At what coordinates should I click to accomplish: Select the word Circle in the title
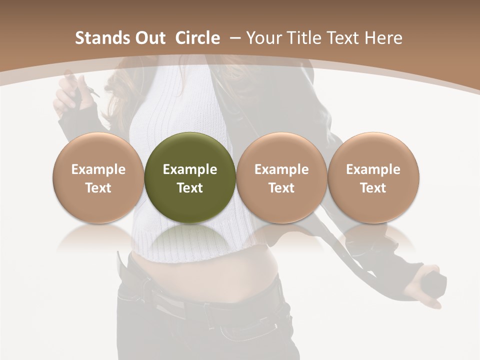pos(197,38)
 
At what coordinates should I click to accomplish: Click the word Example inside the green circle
pos(189,169)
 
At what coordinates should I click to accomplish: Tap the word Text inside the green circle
pos(189,188)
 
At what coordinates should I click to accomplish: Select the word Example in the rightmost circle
pos(373,169)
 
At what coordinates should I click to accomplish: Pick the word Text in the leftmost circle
pos(98,188)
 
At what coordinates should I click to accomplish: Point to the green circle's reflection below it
pos(189,239)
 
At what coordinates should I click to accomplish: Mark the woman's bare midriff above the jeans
pos(200,277)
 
